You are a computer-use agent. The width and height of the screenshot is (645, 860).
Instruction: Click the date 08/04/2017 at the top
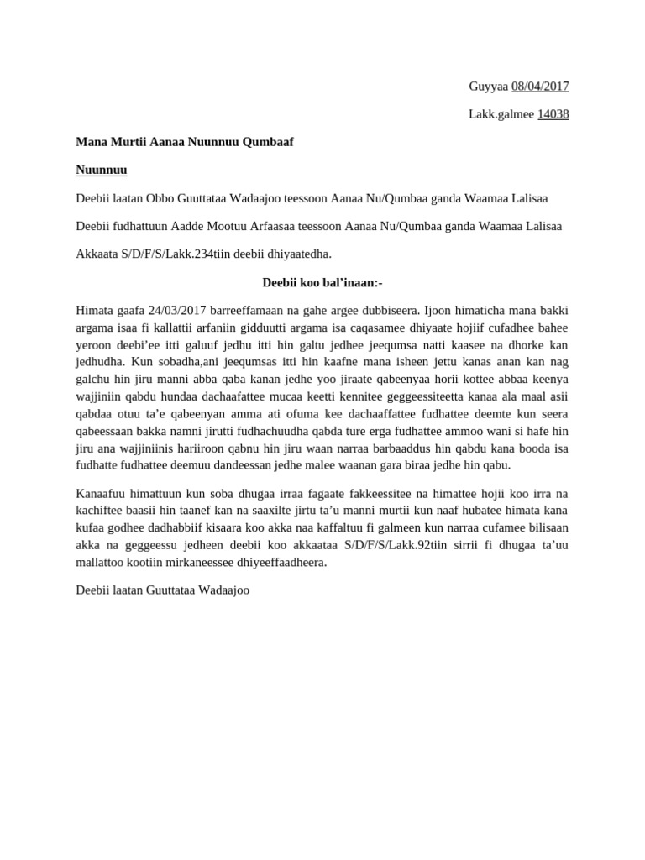click(540, 87)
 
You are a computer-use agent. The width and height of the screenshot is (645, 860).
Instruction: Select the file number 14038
click(553, 114)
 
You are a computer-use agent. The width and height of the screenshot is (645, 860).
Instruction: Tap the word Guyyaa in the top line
click(488, 87)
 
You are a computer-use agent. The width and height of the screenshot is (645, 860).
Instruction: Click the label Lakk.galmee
click(501, 114)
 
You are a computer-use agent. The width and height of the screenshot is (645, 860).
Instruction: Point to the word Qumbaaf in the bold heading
click(268, 142)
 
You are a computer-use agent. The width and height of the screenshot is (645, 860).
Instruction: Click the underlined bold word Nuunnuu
click(102, 170)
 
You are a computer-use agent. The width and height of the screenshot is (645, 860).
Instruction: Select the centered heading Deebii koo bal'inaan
click(322, 282)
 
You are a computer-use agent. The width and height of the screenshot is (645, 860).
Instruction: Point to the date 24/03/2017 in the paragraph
click(176, 311)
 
